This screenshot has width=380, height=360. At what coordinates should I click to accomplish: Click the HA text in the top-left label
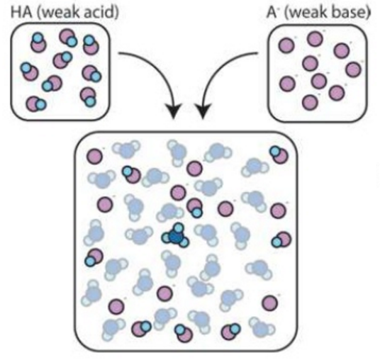pyautogui.click(x=21, y=12)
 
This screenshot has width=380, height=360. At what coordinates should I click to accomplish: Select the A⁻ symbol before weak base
pyautogui.click(x=272, y=12)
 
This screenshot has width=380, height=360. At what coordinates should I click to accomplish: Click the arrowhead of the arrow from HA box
pyautogui.click(x=173, y=111)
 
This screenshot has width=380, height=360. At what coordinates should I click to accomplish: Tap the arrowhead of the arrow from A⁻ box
pyautogui.click(x=203, y=111)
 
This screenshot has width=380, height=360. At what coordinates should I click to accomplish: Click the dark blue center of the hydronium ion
pyautogui.click(x=175, y=237)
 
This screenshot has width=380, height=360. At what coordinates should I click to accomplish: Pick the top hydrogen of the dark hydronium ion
pyautogui.click(x=179, y=227)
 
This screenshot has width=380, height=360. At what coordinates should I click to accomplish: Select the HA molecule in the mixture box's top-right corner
pyautogui.click(x=279, y=154)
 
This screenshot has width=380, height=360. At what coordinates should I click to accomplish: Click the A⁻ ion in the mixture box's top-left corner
pyautogui.click(x=94, y=156)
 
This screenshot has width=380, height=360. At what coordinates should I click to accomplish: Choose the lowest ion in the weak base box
pyautogui.click(x=310, y=102)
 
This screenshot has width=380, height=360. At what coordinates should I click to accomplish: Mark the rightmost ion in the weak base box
pyautogui.click(x=353, y=69)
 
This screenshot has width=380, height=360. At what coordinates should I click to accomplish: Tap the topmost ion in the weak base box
pyautogui.click(x=315, y=38)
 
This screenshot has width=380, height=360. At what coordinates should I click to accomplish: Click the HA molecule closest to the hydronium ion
pyautogui.click(x=194, y=208)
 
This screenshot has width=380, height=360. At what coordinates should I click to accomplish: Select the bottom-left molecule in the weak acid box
pyautogui.click(x=36, y=104)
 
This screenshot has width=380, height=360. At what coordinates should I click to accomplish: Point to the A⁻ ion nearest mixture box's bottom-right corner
pyautogui.click(x=270, y=303)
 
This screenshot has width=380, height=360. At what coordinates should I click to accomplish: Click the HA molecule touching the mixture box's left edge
pyautogui.click(x=94, y=257)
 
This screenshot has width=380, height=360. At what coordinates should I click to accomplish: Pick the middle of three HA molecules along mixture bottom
pyautogui.click(x=184, y=333)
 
